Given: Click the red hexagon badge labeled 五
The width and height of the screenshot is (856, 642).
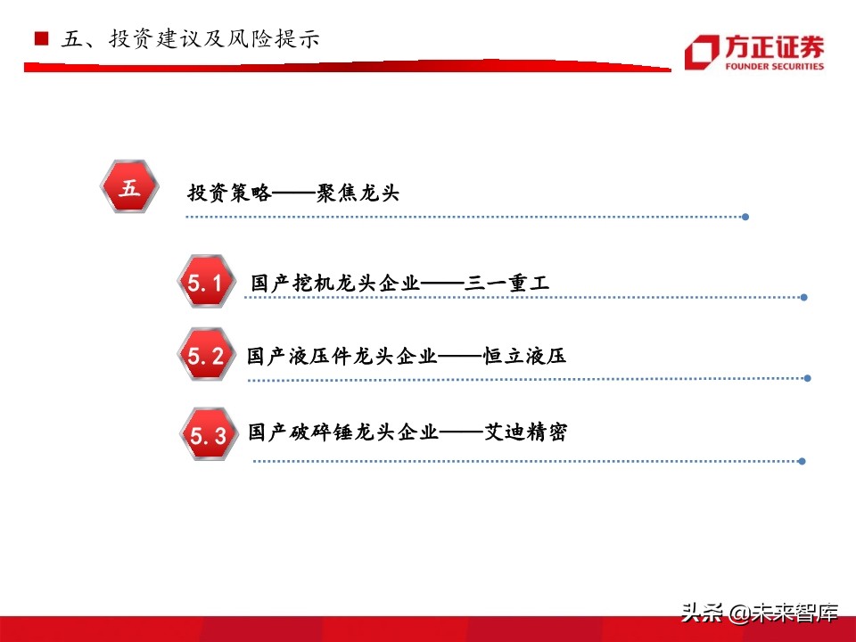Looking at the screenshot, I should coord(130,187).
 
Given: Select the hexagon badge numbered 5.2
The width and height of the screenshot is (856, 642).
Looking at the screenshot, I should coord(207,355).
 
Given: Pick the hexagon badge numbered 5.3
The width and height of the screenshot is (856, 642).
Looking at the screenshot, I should coord(210,434).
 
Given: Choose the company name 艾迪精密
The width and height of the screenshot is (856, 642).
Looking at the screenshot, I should coord(525,433).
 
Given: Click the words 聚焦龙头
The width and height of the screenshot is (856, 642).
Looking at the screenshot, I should coord(358,193).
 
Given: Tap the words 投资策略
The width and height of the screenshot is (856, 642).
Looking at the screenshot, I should coord(229,193).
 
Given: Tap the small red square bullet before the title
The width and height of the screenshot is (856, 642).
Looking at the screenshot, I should coord(40,39).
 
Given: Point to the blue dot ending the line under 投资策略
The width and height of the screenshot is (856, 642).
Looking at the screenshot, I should coord(745,217).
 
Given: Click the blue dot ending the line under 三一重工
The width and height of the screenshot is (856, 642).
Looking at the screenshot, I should coord(804,298).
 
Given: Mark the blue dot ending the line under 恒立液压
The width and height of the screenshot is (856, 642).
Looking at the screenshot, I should coord(807,378).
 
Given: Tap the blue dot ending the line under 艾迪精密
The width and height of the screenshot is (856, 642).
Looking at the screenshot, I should coord(802,461).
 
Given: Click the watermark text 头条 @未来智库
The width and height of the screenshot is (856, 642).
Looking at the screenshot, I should coord(760,613).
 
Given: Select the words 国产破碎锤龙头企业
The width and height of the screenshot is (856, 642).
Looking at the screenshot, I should coord(343,433).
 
